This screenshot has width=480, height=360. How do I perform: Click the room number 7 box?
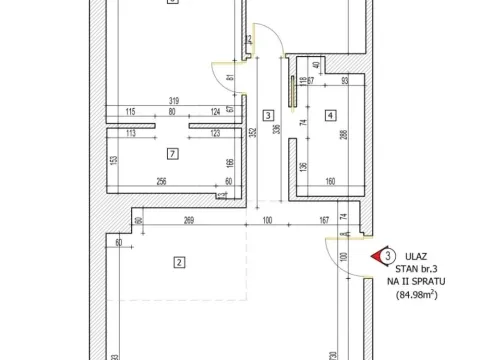click(x=173, y=153)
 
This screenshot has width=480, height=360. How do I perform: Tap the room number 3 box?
click(x=268, y=115)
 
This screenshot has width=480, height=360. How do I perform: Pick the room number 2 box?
click(x=179, y=263)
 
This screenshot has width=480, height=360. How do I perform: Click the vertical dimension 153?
click(x=114, y=161)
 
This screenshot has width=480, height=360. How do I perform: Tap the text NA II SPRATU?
click(x=417, y=283)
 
